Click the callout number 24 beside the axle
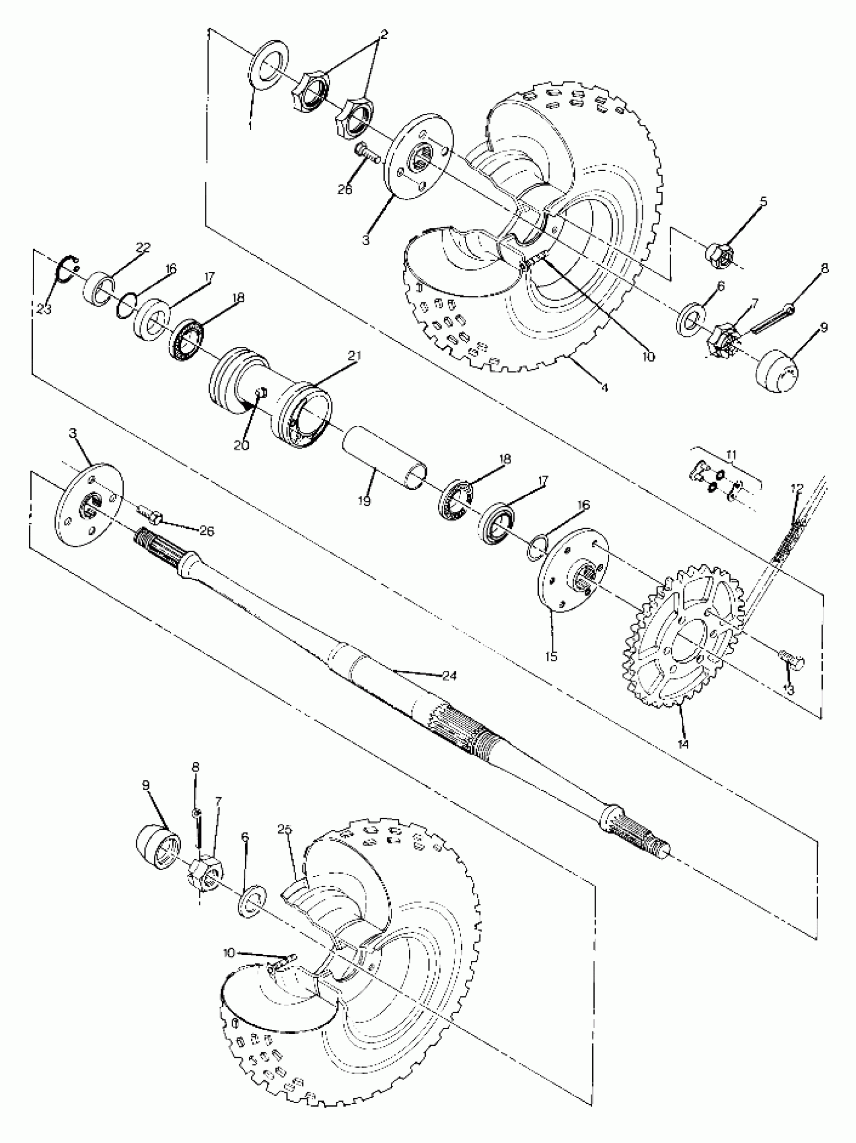[x=449, y=675]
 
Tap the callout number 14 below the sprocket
[x=684, y=744]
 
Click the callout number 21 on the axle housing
[x=354, y=356]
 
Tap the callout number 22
[x=142, y=248]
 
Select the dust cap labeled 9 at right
[x=777, y=371]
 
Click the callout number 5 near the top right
[x=763, y=201]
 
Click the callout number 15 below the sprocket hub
[x=551, y=657]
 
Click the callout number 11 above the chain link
[x=731, y=455]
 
